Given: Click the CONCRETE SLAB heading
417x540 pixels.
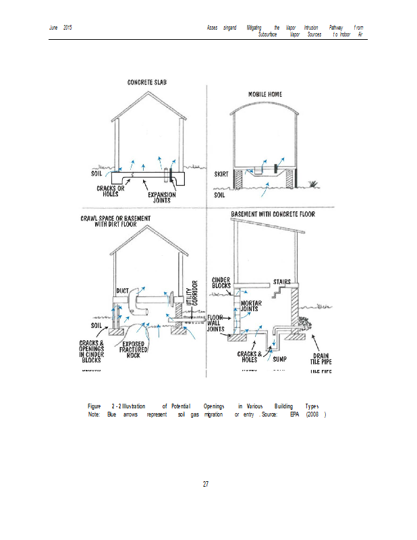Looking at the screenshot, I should tap(146, 82).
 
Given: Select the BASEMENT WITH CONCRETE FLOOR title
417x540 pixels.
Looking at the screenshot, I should tap(273, 214).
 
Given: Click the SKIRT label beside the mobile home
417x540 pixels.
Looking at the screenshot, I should tap(221, 173).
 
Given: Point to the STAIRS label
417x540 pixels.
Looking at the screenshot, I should tap(282, 281).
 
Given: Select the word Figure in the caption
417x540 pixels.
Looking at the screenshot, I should tap(94, 406).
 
